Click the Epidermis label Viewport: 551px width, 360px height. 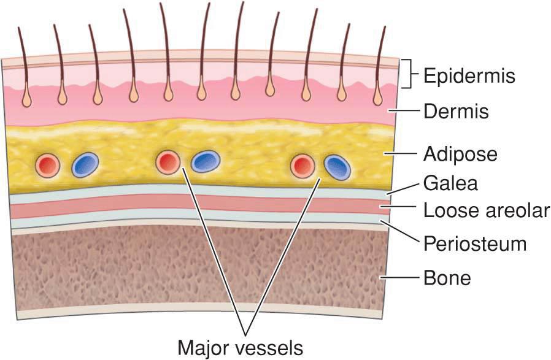469,77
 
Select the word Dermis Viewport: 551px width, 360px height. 456,112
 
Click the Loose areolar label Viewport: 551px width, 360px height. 486,210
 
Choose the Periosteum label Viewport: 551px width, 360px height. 475,243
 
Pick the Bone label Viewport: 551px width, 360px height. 447,278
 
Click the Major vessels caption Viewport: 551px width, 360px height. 240,347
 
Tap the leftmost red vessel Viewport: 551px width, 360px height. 48,164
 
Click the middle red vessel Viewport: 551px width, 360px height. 168,163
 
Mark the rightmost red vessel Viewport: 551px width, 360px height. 302,165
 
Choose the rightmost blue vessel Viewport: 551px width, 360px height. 337,166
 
